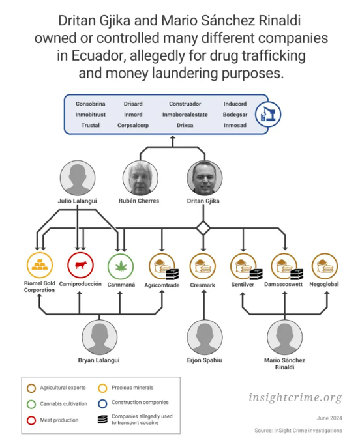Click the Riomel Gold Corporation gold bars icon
[40, 266]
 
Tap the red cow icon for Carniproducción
[81, 265]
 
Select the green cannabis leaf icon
[121, 266]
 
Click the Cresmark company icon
[203, 266]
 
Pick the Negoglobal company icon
[325, 266]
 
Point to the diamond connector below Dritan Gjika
[203, 228]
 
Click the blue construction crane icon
[268, 115]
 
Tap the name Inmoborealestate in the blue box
[185, 115]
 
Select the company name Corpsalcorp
[133, 125]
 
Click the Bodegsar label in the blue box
[235, 115]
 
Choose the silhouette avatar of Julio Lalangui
[78, 178]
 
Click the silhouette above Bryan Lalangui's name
[100, 337]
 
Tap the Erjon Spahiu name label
[205, 360]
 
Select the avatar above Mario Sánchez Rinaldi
[285, 337]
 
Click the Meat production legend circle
[31, 420]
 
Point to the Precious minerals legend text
[132, 388]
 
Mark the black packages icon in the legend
[102, 420]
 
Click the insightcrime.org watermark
[295, 397]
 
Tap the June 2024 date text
[329, 418]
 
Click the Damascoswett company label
[283, 284]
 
